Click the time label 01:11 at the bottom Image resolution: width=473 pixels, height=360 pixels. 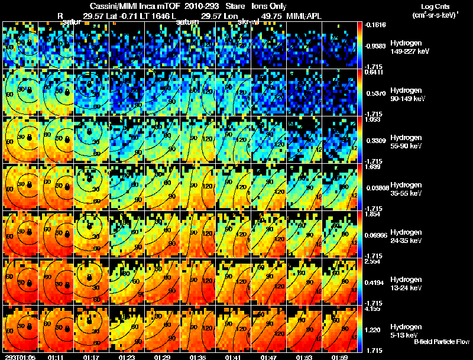(x=57, y=357)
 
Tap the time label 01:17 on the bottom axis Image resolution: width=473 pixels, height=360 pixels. (x=92, y=357)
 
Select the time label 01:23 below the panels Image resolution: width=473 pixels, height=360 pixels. (x=127, y=357)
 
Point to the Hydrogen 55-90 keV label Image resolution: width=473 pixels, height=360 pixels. (x=407, y=142)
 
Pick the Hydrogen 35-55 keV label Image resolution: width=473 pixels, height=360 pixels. (x=407, y=189)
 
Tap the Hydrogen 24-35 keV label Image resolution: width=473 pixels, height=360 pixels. (x=407, y=236)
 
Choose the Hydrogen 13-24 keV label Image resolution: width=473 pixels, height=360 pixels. (x=407, y=284)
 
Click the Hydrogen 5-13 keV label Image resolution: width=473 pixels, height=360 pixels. (x=406, y=330)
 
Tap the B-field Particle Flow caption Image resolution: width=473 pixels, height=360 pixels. (x=441, y=342)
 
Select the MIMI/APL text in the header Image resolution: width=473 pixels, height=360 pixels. (x=304, y=16)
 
